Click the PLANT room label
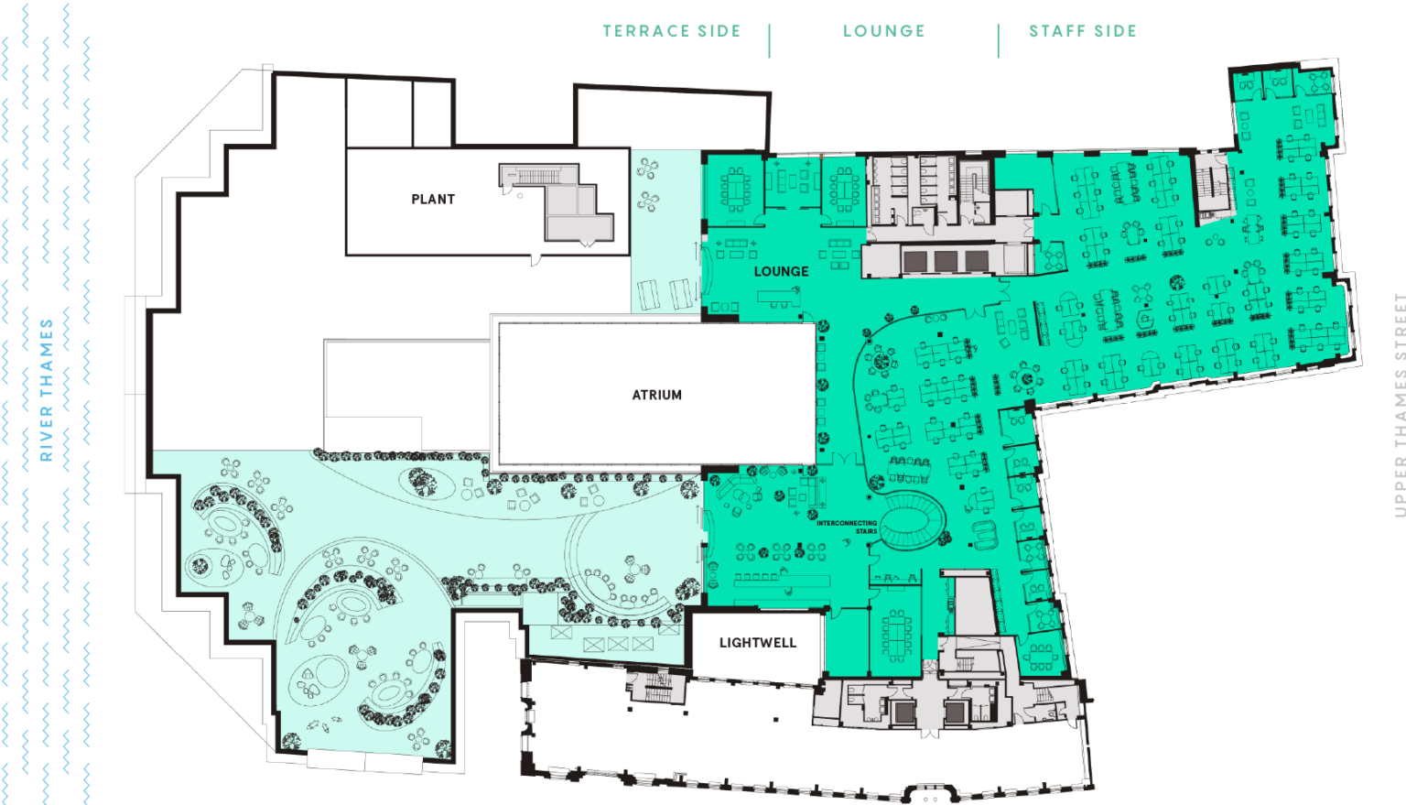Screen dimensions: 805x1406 [x=433, y=199]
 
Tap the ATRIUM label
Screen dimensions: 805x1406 [x=656, y=395]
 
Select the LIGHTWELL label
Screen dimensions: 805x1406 [x=757, y=643]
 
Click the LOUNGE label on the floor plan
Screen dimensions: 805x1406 [x=781, y=271]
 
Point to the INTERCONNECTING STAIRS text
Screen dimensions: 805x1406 [x=847, y=527]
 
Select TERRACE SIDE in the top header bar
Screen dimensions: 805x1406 [x=671, y=30]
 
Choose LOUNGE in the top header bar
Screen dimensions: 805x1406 [x=884, y=30]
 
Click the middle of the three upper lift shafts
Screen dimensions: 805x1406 [x=946, y=261]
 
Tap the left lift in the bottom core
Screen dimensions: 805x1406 [x=904, y=712]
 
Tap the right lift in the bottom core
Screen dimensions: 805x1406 [x=955, y=712]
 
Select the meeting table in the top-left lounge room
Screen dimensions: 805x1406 [x=735, y=188]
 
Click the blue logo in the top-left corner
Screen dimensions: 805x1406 [x=46, y=32]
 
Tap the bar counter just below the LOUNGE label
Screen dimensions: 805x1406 [x=778, y=296]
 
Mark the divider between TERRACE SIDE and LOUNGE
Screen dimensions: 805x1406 [x=769, y=39]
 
